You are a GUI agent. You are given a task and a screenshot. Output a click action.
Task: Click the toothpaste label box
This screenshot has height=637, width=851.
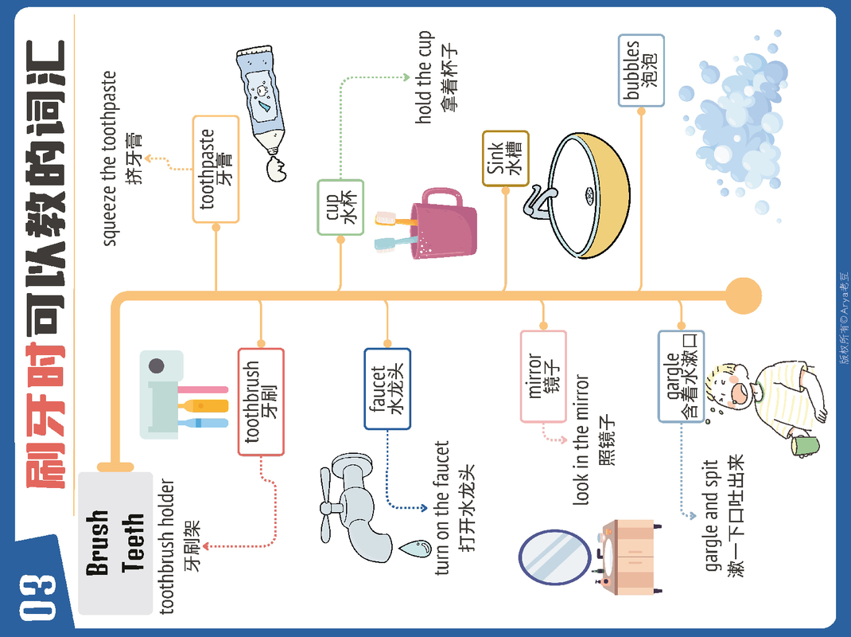[216, 169]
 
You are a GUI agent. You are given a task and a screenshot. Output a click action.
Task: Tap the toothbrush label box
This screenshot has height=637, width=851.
[261, 401]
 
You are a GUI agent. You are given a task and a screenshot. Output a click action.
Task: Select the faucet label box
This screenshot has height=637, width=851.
[387, 389]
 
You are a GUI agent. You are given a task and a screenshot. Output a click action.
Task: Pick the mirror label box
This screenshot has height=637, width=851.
[543, 376]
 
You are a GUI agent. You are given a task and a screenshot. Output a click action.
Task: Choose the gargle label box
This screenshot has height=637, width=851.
[681, 376]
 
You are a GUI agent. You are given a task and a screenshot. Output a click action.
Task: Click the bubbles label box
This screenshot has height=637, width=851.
[641, 70]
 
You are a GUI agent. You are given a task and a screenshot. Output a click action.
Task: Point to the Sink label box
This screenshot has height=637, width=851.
[505, 158]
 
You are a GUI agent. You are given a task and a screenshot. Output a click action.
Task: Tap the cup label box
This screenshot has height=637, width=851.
[340, 207]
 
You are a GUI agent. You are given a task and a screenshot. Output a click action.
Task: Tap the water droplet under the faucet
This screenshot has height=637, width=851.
[414, 548]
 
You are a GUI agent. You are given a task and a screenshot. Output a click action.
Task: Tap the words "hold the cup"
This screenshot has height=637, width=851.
[425, 77]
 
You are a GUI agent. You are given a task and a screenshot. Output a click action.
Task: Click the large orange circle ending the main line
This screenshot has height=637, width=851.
[744, 295]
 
